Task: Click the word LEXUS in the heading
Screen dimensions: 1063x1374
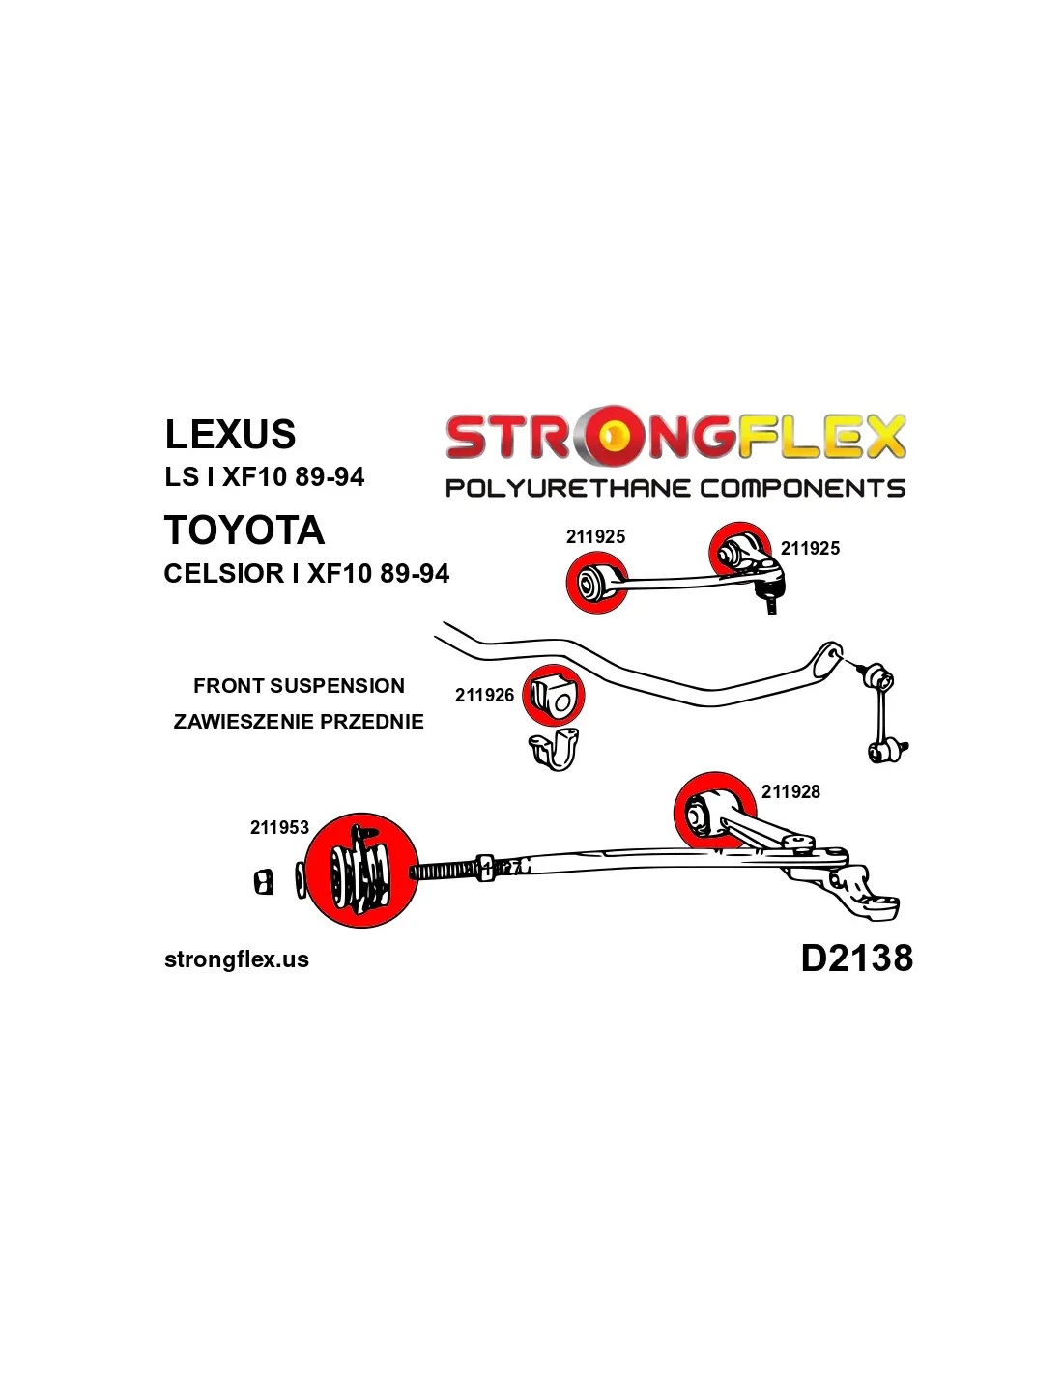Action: click(230, 434)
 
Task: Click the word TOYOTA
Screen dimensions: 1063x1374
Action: click(244, 530)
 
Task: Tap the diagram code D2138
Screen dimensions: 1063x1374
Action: click(857, 958)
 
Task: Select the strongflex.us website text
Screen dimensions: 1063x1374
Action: click(237, 959)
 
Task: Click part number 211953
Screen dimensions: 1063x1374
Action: click(279, 827)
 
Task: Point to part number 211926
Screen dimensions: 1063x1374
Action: click(484, 695)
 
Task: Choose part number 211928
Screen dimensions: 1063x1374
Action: click(790, 791)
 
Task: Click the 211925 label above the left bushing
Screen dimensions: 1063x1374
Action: click(595, 537)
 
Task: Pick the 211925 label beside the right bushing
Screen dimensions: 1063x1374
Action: click(810, 548)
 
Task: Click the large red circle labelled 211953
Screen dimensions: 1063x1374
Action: click(361, 871)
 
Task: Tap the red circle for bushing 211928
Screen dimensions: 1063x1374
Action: click(715, 814)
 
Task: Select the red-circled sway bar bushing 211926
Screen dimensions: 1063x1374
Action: click(554, 696)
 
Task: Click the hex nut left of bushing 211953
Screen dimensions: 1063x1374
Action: click(264, 881)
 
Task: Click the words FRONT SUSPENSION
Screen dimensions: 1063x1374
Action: click(299, 686)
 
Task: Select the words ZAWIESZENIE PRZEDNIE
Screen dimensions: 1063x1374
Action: click(299, 722)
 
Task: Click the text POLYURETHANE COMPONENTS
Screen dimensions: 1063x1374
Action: click(675, 488)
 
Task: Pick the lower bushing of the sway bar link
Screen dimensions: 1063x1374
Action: click(884, 752)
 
